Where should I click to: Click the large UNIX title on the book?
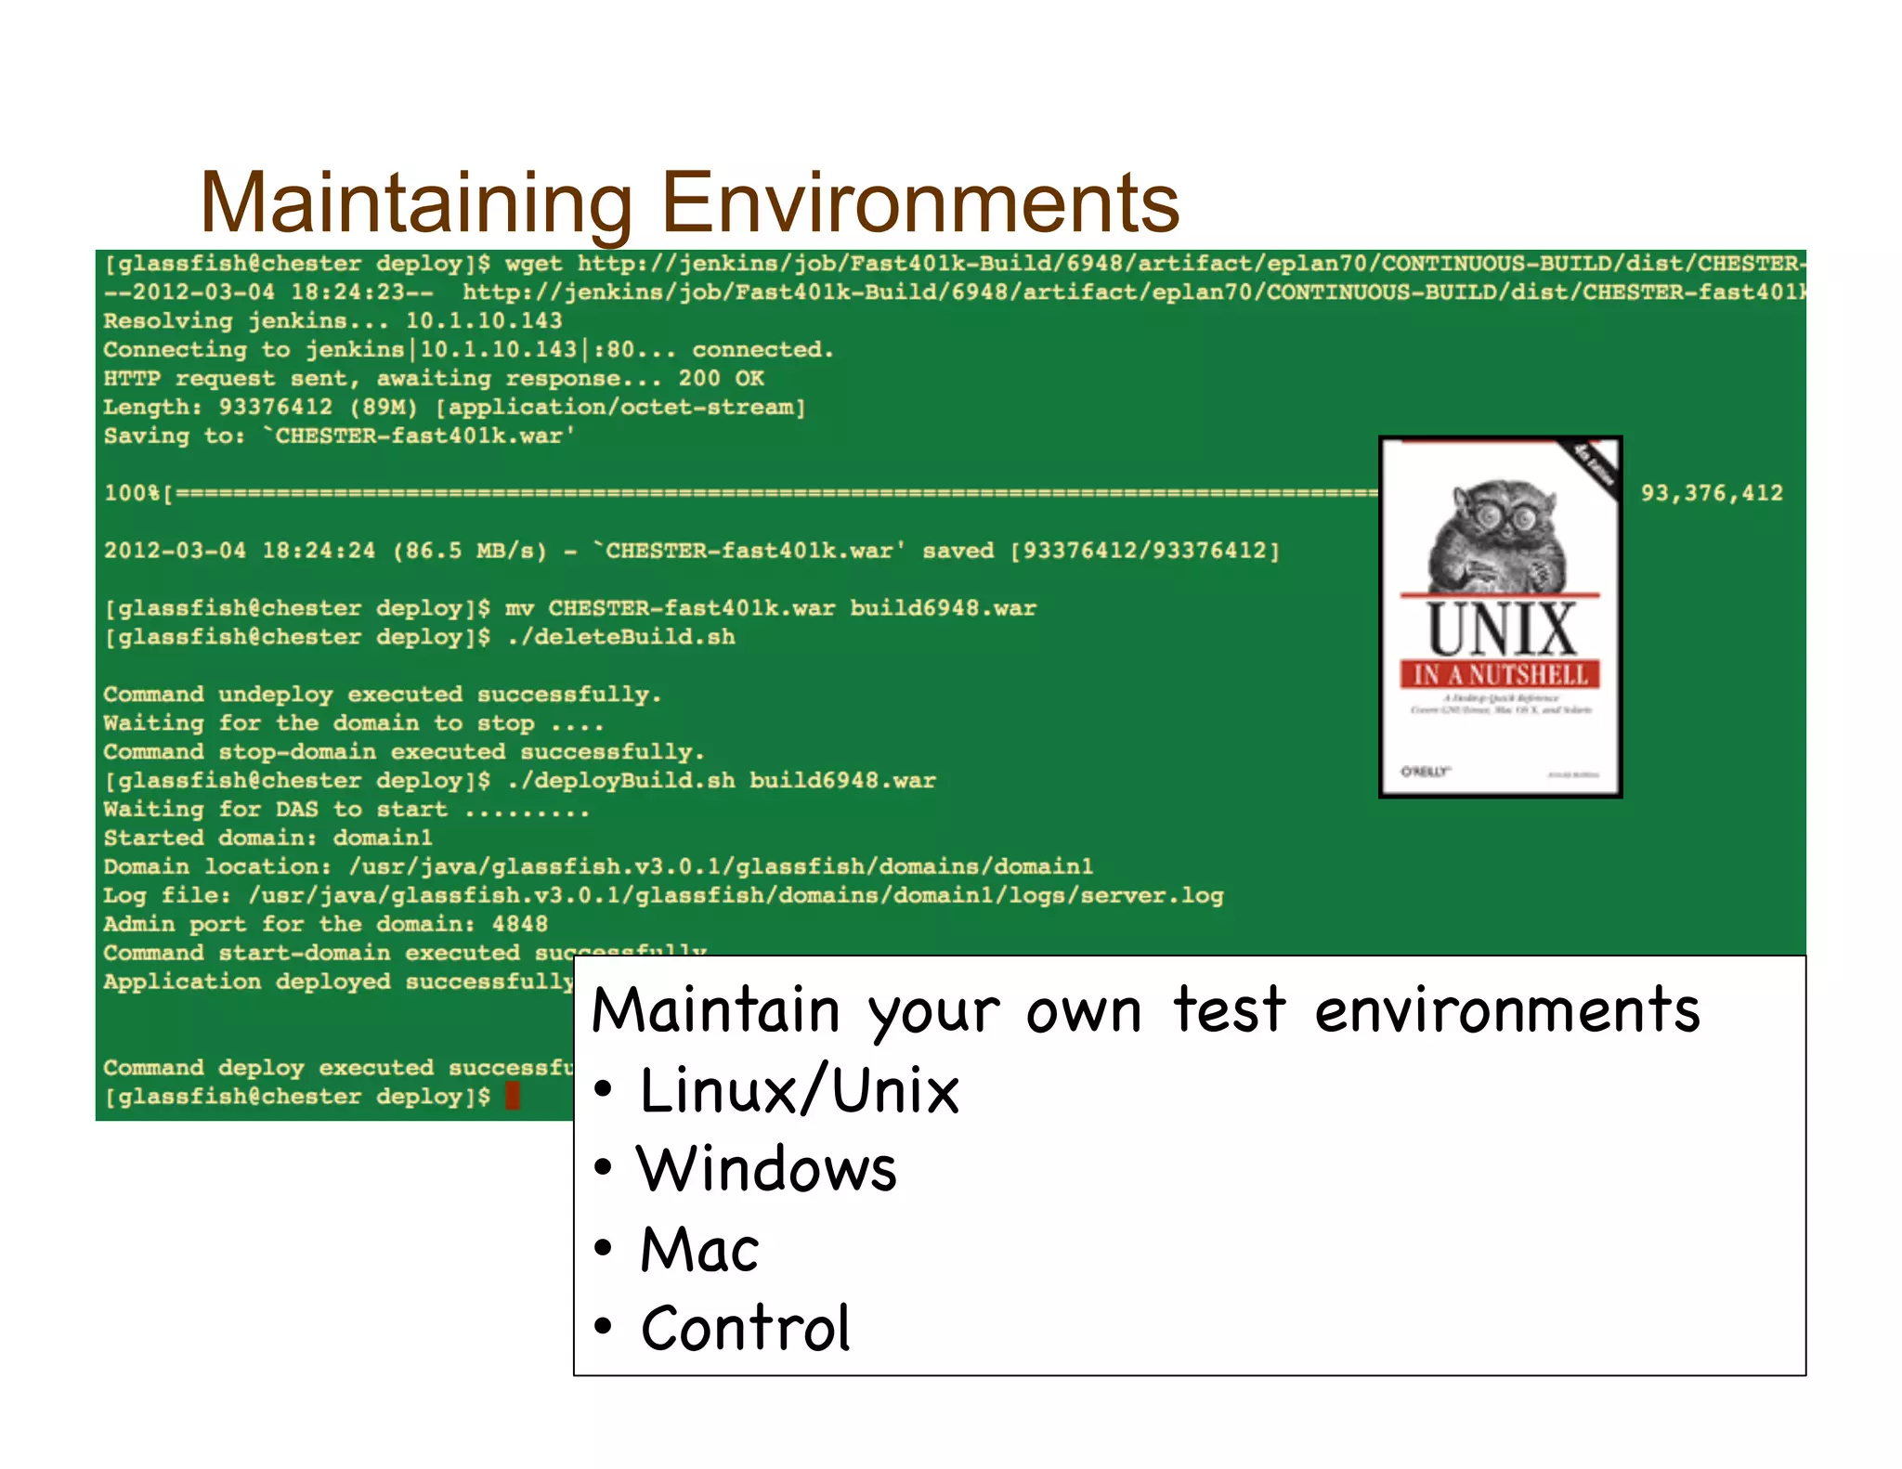(1501, 630)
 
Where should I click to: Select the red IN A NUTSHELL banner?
(1501, 674)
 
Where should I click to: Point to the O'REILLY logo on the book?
(1425, 771)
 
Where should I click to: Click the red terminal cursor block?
(512, 1096)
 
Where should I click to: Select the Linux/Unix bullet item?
(799, 1090)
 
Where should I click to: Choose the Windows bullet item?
(767, 1169)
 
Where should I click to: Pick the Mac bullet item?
(699, 1249)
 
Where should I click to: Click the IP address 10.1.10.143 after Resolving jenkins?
(484, 321)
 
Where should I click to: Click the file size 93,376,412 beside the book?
(1712, 493)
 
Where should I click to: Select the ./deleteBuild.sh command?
(620, 637)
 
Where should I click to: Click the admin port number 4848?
(519, 924)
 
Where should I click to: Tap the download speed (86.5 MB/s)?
(470, 551)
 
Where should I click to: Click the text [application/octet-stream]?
(620, 408)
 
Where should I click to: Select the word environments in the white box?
(1506, 1010)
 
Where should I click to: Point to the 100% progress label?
(132, 493)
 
